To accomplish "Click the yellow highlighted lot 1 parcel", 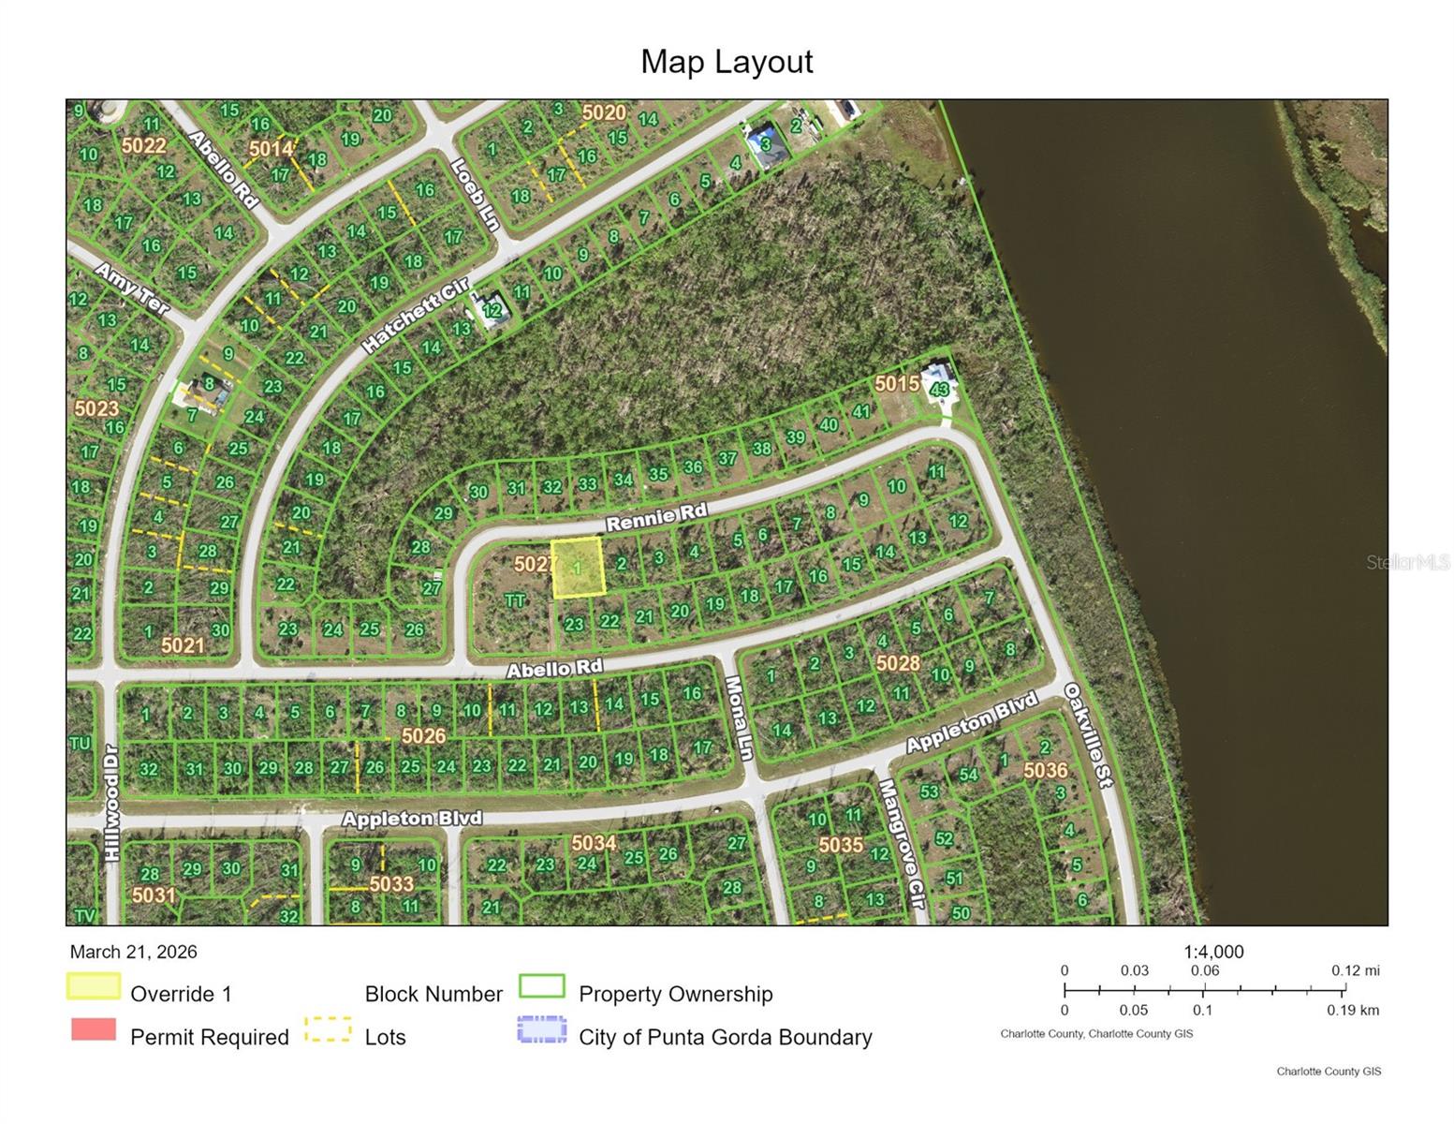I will point(577,568).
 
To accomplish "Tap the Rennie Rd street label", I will point(655,516).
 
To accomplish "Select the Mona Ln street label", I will point(740,718).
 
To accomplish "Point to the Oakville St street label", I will point(1088,734).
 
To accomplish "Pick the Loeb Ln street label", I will point(475,194).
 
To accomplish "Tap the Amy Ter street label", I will point(132,288).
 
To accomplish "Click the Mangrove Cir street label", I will point(901,844).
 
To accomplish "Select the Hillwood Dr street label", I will point(111,803).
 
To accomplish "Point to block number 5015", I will point(896,383).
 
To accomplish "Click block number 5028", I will point(897,663).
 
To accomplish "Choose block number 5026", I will point(423,736).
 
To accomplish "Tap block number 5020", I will point(603,113).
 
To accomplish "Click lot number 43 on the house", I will point(940,389).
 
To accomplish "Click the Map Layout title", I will point(727,62).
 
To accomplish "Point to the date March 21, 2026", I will point(133,952).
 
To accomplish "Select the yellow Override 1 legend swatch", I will point(94,986).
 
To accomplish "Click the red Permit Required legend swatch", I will point(94,1029).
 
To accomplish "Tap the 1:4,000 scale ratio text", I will point(1213,952).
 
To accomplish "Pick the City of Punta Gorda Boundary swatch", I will point(542,1029).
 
